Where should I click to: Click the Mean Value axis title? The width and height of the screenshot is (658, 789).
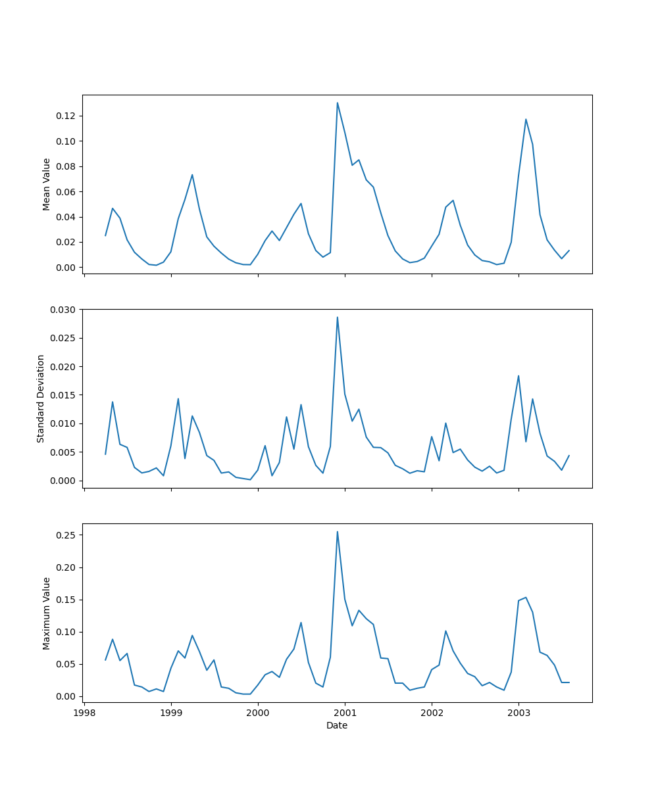tap(47, 184)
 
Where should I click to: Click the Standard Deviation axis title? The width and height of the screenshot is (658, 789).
tap(41, 398)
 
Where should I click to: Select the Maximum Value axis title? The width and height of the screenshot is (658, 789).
tap(47, 613)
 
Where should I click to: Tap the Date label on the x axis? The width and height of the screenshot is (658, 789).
tap(337, 726)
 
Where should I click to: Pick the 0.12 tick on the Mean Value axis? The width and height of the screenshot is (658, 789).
tap(66, 116)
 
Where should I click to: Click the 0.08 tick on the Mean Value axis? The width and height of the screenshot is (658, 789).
tap(66, 166)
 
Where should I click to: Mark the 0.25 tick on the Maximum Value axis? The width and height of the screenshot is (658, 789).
tap(66, 535)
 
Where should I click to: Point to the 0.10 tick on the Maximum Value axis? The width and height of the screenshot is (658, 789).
tap(66, 632)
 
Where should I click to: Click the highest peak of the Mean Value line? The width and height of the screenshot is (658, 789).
tap(338, 103)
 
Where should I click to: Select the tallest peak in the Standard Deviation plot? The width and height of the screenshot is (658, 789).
tap(338, 317)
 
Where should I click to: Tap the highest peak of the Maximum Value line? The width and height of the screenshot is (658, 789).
tap(338, 532)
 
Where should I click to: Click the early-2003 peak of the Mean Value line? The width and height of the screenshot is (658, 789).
tap(526, 119)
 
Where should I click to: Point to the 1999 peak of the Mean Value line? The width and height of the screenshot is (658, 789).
tap(192, 174)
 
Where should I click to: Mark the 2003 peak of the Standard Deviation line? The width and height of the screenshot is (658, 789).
tap(519, 376)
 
